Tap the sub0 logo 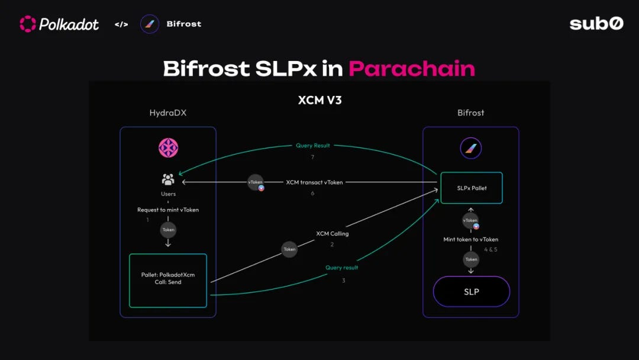(x=596, y=24)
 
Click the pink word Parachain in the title (x=412, y=69)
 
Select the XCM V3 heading (x=320, y=100)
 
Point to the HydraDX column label (x=168, y=113)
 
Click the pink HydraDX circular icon (x=168, y=147)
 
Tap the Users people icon (x=168, y=179)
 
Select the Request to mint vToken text (x=168, y=210)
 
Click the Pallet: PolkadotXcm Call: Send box (x=168, y=281)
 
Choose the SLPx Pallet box (x=472, y=188)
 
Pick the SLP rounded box (x=472, y=291)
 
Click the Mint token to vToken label (x=471, y=239)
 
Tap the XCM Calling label (x=333, y=234)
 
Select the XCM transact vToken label (x=314, y=182)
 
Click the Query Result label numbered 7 (x=313, y=146)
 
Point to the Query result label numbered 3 (x=341, y=268)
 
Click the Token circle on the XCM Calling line (x=289, y=249)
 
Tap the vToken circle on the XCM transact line (x=256, y=182)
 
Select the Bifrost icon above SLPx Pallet (x=471, y=148)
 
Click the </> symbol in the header (x=121, y=24)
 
